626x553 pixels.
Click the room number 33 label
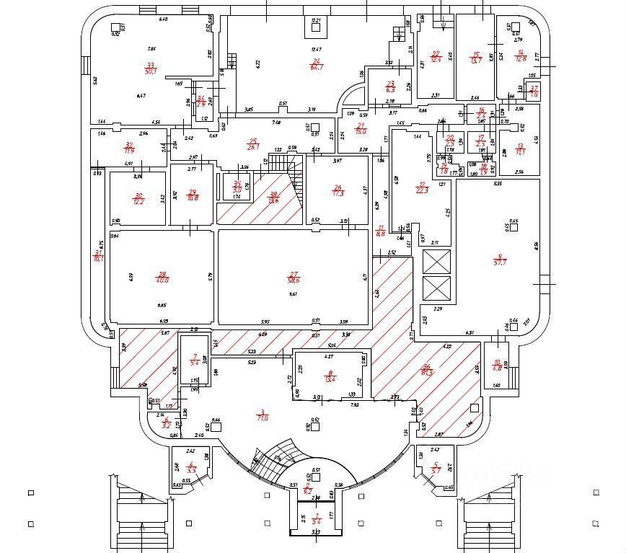[151, 65]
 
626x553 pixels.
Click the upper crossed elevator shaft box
[436, 262]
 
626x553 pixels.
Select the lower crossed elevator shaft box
[436, 288]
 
